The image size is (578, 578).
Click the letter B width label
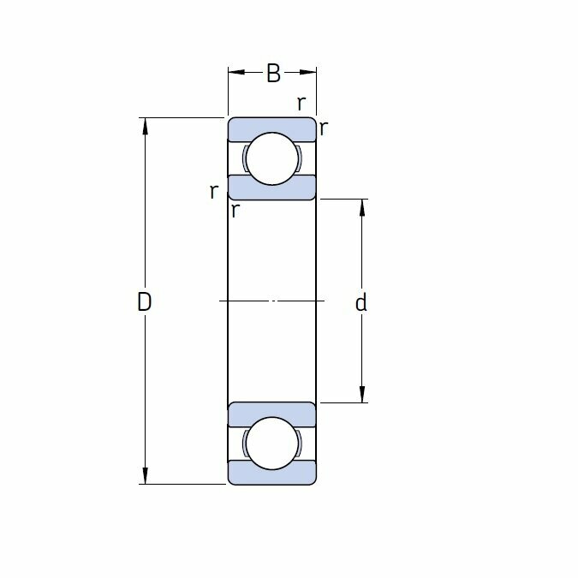(x=273, y=73)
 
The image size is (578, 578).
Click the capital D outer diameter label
(x=144, y=301)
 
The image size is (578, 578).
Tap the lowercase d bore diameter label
(x=361, y=302)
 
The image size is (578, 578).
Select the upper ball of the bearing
(x=272, y=158)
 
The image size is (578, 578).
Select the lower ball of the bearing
(x=272, y=443)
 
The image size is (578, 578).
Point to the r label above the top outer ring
(x=301, y=104)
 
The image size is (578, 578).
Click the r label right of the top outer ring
(x=324, y=128)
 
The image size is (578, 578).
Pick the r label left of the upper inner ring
(x=214, y=192)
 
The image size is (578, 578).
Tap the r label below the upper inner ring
(x=235, y=211)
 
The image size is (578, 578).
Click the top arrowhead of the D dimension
(x=145, y=126)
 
